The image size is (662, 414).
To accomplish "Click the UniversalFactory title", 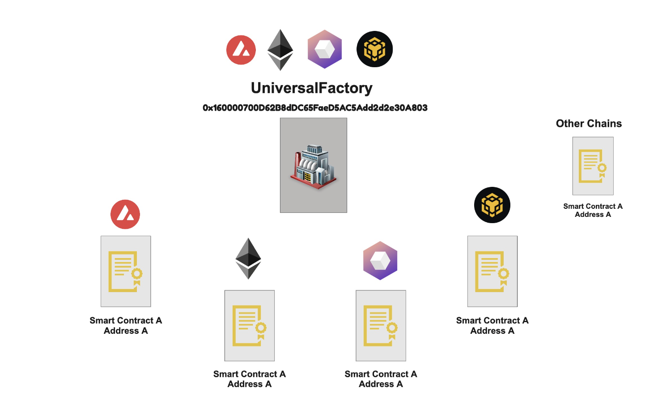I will pos(311,88).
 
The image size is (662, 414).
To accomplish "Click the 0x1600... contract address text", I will pos(315,108).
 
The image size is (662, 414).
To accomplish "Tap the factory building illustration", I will pos(314,165).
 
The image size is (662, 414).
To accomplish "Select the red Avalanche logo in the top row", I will pos(241,50).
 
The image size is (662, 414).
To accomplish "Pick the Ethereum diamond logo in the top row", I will pos(280,50).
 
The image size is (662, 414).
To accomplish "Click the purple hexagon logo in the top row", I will pos(325,49).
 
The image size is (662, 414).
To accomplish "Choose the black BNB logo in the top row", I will pos(374,49).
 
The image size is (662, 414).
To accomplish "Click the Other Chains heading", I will pos(589,124).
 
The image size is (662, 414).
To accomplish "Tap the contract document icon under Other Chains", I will pos(593,166).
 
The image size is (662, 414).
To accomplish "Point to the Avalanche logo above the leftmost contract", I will pos(125,214).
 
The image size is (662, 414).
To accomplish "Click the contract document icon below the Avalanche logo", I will pos(126,272).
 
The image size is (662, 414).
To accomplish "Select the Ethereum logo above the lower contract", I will pos(248,259).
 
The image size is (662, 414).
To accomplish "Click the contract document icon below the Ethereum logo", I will pos(250,326).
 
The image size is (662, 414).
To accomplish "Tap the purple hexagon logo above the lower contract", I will pos(380,260).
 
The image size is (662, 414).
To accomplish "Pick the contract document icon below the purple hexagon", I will pos(381,326).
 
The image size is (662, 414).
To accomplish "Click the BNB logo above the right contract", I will pos(492,205).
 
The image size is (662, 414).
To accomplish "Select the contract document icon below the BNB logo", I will pos(492,272).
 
